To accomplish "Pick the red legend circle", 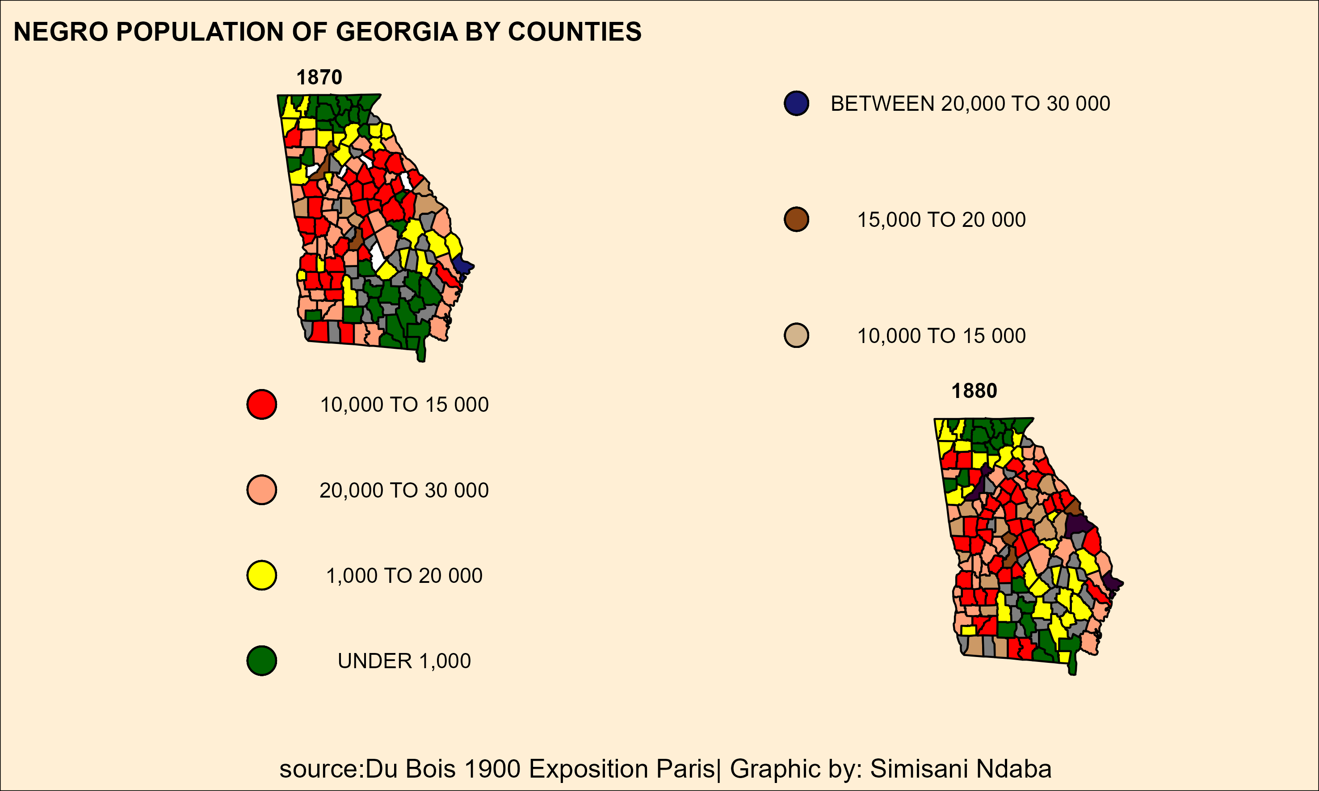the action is (x=261, y=404).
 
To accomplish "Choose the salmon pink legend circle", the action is (x=261, y=490).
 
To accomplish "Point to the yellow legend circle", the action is (x=261, y=575).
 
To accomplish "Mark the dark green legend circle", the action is (x=261, y=661).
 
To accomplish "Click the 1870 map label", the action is (x=319, y=77).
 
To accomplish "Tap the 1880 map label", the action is (x=974, y=391).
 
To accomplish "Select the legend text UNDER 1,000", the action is (x=404, y=661).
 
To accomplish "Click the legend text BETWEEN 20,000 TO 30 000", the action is (x=970, y=104).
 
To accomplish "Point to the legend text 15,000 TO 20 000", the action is (x=941, y=220).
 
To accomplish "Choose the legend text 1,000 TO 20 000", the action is (x=404, y=576).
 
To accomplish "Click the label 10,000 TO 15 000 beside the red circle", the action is (x=404, y=405).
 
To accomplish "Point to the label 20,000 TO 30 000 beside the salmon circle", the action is (x=404, y=490).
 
